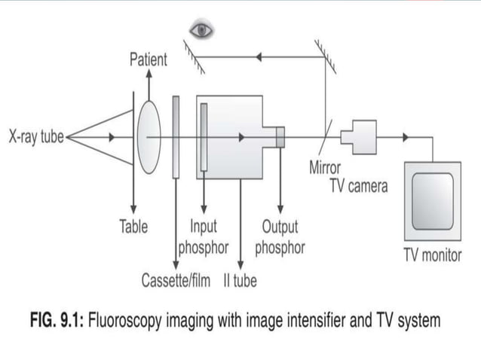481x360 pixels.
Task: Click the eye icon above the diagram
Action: [x=201, y=30]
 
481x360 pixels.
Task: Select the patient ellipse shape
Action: [x=149, y=137]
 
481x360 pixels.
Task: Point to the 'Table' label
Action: [x=133, y=226]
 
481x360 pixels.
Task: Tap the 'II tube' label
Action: [x=240, y=282]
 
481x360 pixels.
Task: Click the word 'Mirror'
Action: [x=325, y=167]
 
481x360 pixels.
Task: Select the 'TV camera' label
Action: [x=358, y=186]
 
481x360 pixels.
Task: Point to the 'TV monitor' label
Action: [x=432, y=255]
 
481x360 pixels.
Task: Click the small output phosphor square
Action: [x=280, y=137]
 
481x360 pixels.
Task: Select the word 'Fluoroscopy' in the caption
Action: [x=129, y=321]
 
